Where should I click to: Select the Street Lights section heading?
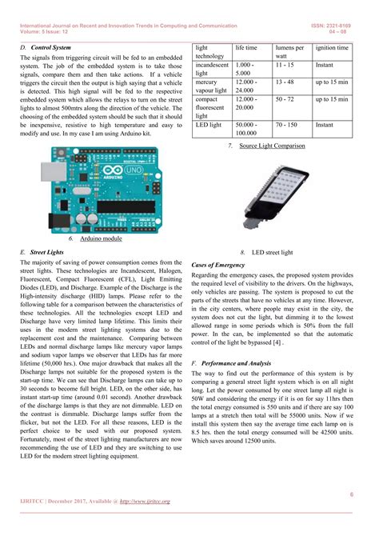coord(47,251)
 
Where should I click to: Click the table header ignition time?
coord(332,48)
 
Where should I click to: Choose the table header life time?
coord(246,48)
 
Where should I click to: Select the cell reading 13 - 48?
coord(285,82)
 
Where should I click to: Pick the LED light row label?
coord(210,126)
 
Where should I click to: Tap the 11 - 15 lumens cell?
coord(285,65)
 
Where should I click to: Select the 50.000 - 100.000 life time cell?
coord(246,130)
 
